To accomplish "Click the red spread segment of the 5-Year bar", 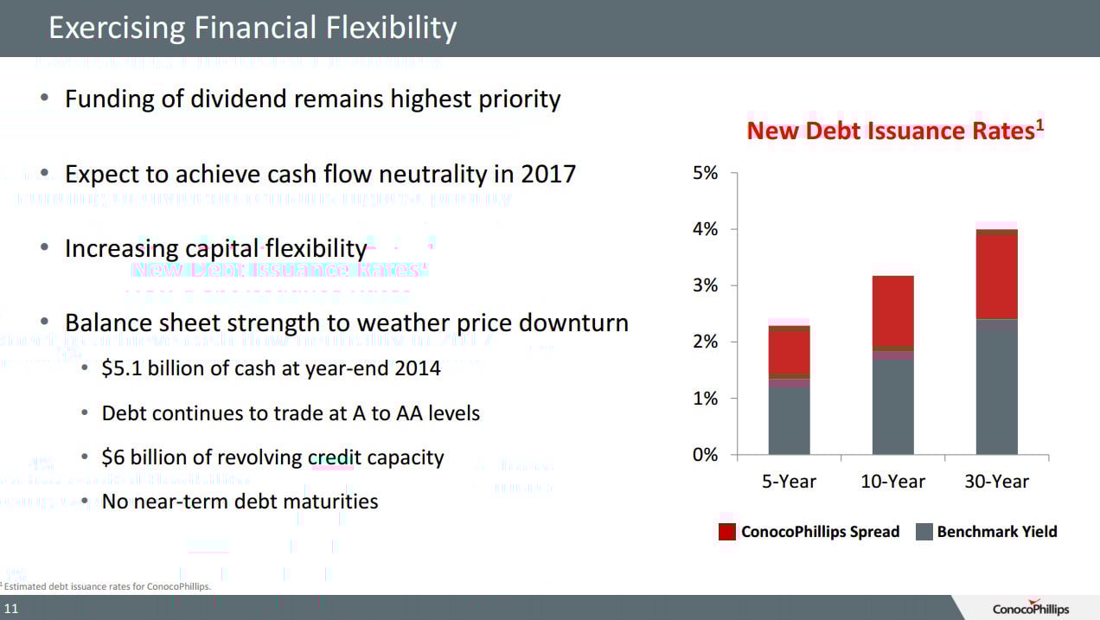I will click(789, 352).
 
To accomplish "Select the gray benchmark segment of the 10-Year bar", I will click(892, 406).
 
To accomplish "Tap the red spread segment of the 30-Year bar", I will click(996, 277).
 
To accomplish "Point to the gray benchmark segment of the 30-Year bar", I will click(996, 389).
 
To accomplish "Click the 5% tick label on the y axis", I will click(706, 173).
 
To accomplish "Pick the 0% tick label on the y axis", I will click(706, 455).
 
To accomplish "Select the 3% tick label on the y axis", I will click(706, 286).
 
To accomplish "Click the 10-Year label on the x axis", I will click(892, 482).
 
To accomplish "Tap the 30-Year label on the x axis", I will click(997, 482).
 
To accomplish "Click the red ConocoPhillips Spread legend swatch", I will click(727, 532).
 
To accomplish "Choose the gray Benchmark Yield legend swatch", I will click(924, 532).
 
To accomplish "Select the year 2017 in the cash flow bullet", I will click(548, 174).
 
